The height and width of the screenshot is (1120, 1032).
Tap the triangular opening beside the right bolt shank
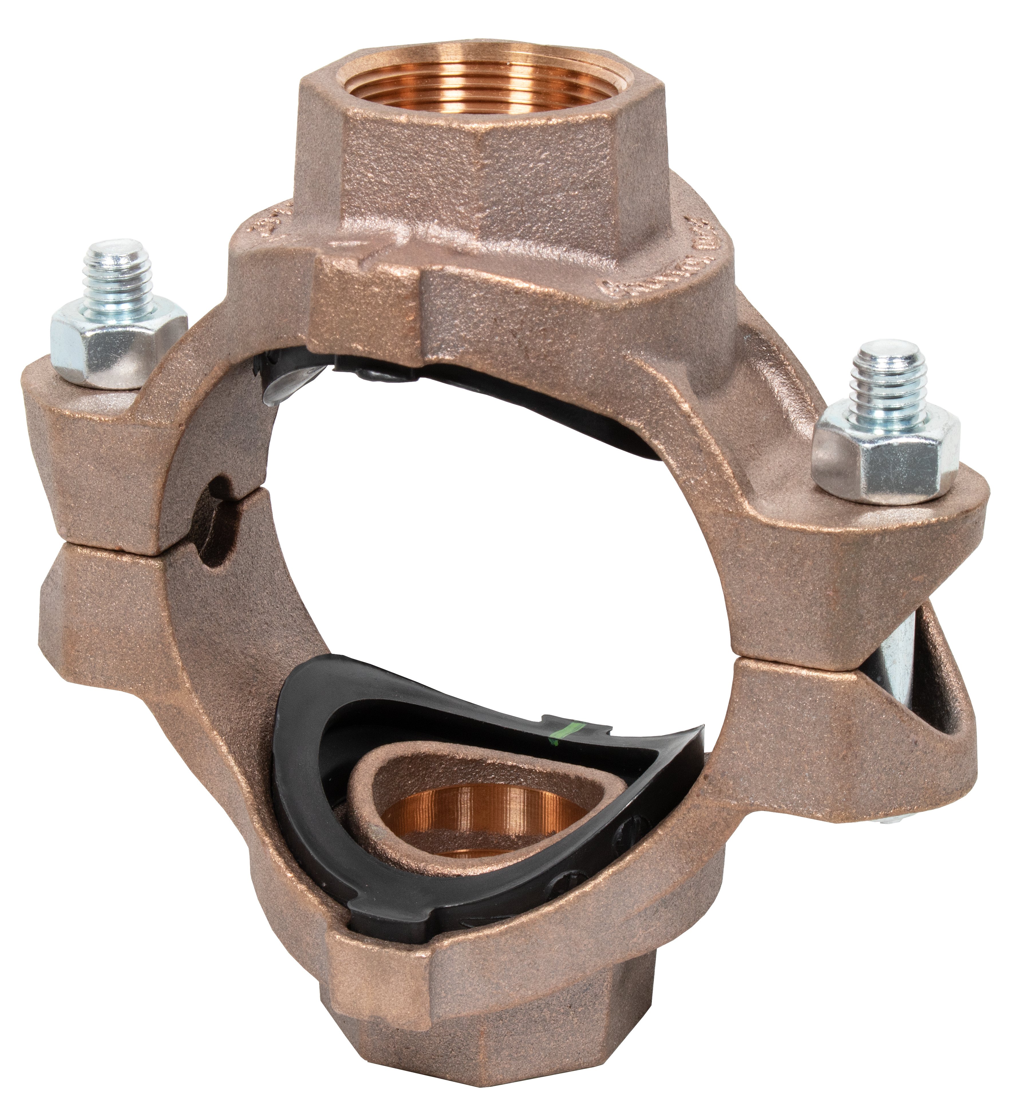pyautogui.click(x=944, y=687)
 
